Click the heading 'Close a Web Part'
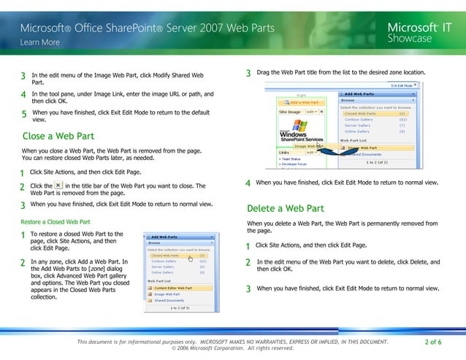tap(58, 136)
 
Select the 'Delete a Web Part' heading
tap(285, 208)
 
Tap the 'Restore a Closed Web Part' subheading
tap(56, 221)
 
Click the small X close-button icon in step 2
tap(58, 186)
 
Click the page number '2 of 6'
tap(432, 342)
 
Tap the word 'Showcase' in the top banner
tap(409, 38)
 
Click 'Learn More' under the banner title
tap(40, 42)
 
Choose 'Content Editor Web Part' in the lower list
tap(174, 288)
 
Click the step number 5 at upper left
tap(24, 114)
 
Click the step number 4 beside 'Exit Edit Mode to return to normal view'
tap(248, 183)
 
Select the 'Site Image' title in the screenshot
tap(290, 112)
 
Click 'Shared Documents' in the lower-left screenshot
tap(169, 300)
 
